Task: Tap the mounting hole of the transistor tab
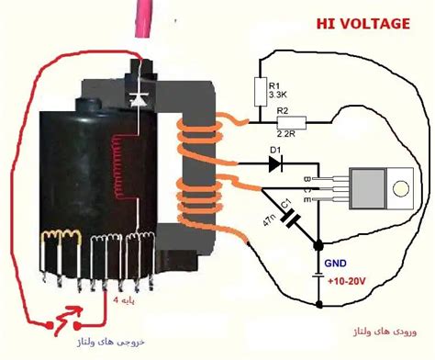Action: click(400, 189)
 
